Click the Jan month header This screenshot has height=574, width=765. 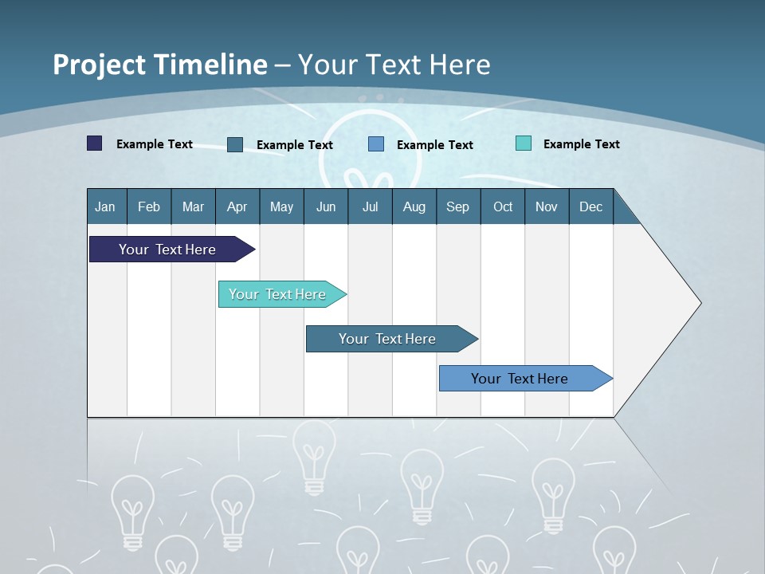coord(105,207)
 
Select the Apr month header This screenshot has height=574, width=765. coord(237,207)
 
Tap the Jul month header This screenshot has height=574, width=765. coord(370,207)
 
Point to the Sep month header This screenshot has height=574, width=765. coord(457,207)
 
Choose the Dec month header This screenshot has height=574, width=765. coord(590,207)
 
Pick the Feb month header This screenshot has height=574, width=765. coord(149,207)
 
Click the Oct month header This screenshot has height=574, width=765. coord(503,207)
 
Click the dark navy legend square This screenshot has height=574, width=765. coord(95,143)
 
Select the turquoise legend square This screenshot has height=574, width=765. coord(524,143)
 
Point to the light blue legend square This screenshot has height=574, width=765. coord(376,144)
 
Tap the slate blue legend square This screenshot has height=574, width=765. coord(235,144)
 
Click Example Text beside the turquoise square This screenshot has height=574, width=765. coord(581,144)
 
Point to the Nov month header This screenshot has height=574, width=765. coord(547,207)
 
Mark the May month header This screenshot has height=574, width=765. coord(281,207)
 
